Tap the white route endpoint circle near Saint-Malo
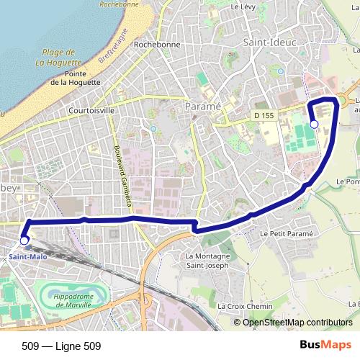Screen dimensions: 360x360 pos(24,240)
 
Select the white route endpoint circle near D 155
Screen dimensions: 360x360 pos(314,125)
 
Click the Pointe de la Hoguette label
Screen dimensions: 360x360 pos(81,78)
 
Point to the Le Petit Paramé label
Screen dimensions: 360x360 pos(284,234)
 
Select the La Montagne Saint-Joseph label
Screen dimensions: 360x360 pos(207,261)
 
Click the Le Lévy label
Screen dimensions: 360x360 pos(244,6)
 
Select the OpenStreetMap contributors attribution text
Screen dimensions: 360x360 pos(297,323)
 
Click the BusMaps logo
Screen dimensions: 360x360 pos(325,345)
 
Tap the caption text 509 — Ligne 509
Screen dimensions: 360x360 pos(60,346)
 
